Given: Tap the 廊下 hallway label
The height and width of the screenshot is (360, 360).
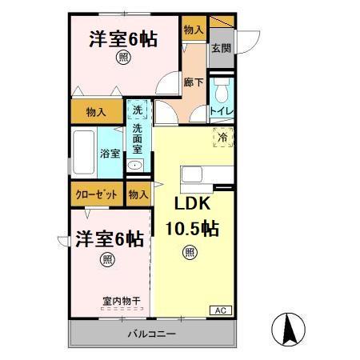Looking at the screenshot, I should (193, 82).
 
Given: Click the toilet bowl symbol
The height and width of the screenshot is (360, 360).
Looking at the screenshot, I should (222, 87).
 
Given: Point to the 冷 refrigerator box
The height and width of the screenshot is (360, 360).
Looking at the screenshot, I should (222, 138).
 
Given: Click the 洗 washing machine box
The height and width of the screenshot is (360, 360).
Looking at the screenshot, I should (137, 111).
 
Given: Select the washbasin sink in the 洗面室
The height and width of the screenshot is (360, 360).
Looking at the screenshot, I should (137, 166).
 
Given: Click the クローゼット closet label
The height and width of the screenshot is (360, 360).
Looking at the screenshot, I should (95, 194).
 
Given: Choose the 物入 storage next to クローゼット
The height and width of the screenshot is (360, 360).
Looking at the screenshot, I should (138, 194).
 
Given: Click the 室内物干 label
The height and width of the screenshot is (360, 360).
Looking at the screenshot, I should (121, 301).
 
